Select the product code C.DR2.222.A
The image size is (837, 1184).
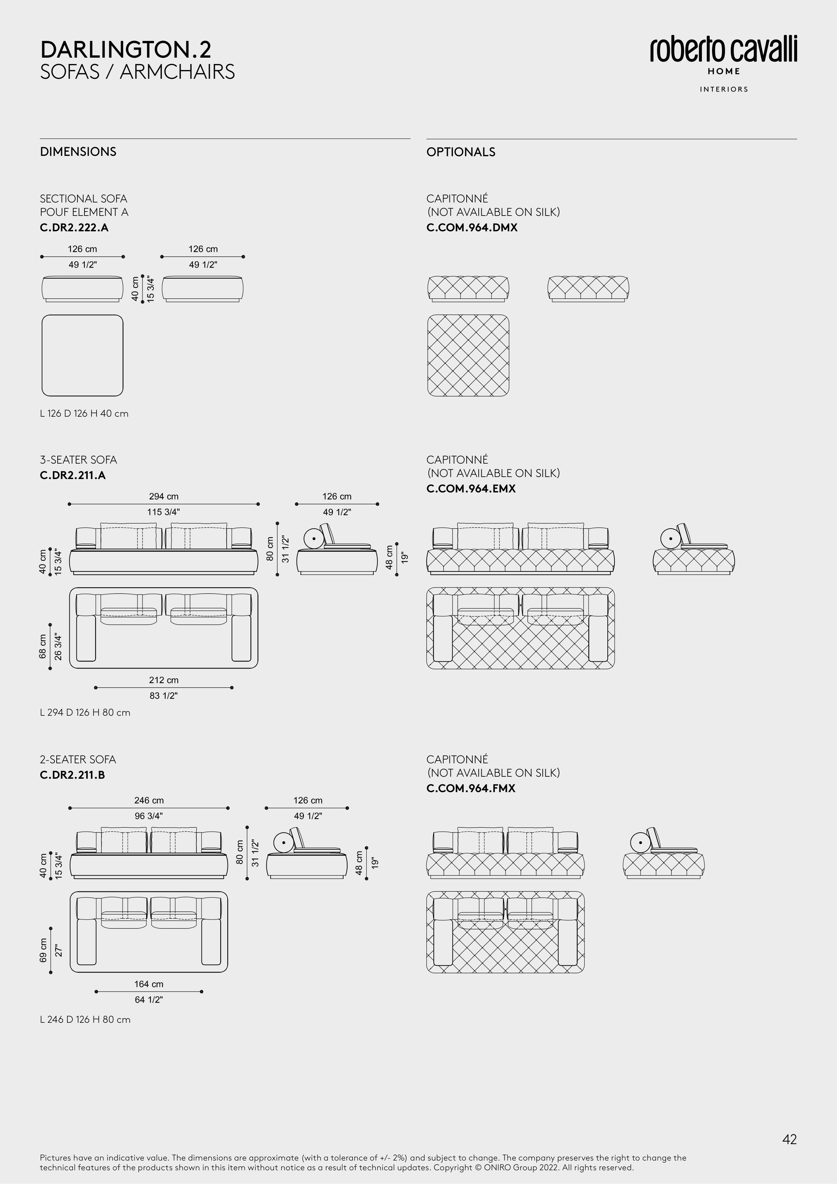click(74, 227)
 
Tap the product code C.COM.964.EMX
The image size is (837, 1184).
click(471, 488)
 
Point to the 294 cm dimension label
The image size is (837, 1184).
click(164, 496)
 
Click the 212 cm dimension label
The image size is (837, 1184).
click(164, 680)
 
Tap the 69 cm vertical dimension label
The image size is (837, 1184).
click(43, 950)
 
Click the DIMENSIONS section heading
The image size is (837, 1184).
click(78, 152)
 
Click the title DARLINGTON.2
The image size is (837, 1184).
click(125, 50)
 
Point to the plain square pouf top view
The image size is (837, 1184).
click(82, 355)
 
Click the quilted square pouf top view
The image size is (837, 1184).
click(468, 355)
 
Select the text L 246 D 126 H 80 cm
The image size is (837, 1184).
click(85, 1019)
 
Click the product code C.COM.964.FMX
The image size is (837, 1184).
click(471, 788)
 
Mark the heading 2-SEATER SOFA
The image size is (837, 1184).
click(78, 759)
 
